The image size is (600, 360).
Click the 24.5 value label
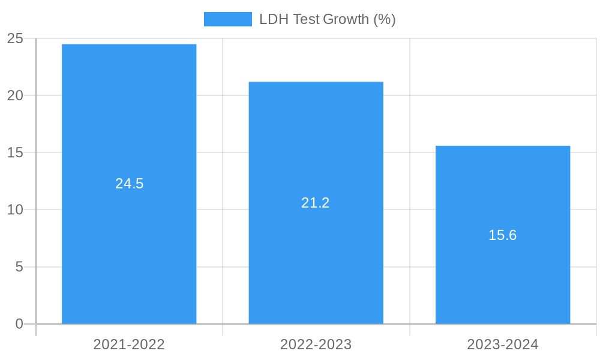[130, 184]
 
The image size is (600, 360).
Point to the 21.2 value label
[316, 203]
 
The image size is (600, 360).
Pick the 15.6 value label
[503, 235]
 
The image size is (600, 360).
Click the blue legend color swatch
[228, 19]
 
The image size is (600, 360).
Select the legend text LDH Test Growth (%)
[327, 19]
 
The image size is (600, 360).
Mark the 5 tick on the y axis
[19, 266]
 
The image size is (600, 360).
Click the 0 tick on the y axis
[19, 324]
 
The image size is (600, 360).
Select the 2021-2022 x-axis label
[129, 344]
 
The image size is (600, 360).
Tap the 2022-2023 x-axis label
[316, 344]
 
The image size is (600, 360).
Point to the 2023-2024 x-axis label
[503, 344]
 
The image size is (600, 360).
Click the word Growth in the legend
[346, 19]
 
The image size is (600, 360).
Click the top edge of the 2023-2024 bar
[503, 146]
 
